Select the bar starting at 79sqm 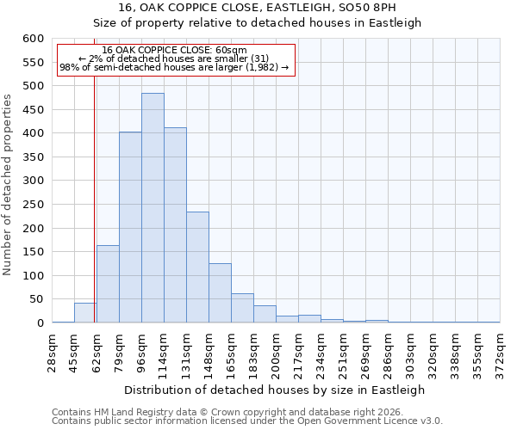coord(130,227)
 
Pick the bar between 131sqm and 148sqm coord(197,267)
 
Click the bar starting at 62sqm coord(108,284)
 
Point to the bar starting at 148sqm coord(220,293)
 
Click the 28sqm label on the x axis coord(53,353)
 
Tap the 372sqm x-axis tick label coord(500,353)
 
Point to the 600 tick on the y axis coord(33,39)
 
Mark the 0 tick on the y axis coord(40,323)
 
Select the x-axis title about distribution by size coord(276,390)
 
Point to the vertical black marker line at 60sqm coord(94,215)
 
